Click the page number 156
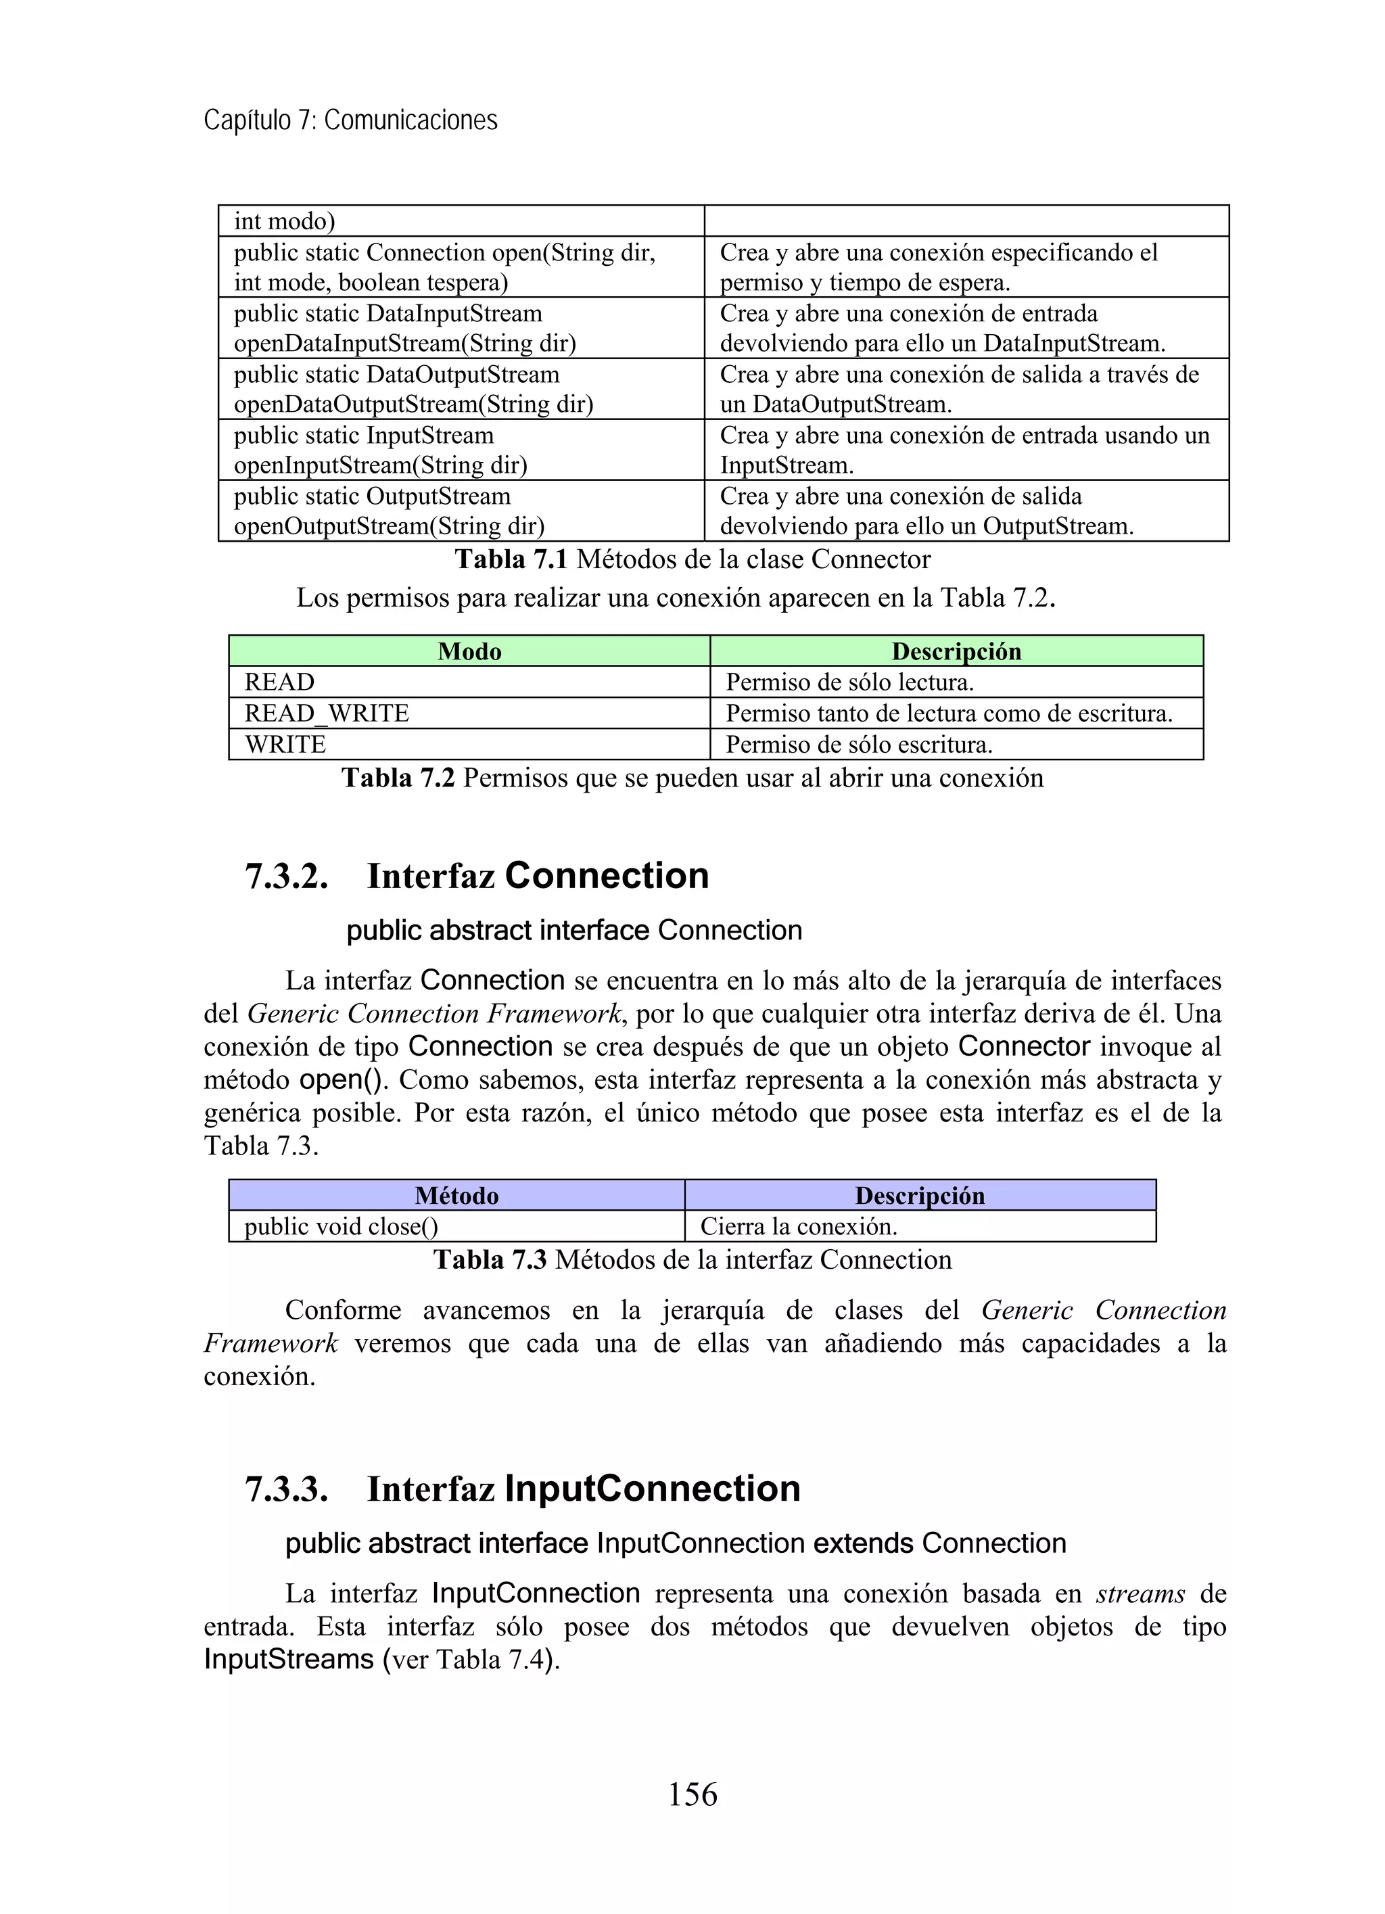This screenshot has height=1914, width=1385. (x=692, y=1794)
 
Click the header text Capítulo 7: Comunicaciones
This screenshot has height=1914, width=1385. (x=350, y=120)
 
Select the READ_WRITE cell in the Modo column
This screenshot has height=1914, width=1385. (x=327, y=713)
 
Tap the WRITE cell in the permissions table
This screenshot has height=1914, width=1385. (x=285, y=745)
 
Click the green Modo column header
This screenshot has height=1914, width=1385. (x=469, y=651)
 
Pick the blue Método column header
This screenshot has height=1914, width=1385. (x=456, y=1195)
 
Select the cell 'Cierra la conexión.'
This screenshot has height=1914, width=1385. (x=799, y=1226)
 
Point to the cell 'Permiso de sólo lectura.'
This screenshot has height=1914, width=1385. (x=849, y=682)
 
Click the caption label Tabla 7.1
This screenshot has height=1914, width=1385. (x=511, y=559)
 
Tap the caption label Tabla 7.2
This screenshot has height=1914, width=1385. (x=398, y=778)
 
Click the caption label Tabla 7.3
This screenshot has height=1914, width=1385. (x=490, y=1260)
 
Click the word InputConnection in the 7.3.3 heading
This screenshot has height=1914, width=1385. (x=651, y=1489)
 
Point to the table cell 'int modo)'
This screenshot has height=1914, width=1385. (x=285, y=221)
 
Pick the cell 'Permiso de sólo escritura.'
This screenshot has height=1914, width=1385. (x=859, y=745)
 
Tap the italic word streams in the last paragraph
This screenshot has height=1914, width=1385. (x=1140, y=1594)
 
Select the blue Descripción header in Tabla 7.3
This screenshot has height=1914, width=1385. (x=919, y=1195)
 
